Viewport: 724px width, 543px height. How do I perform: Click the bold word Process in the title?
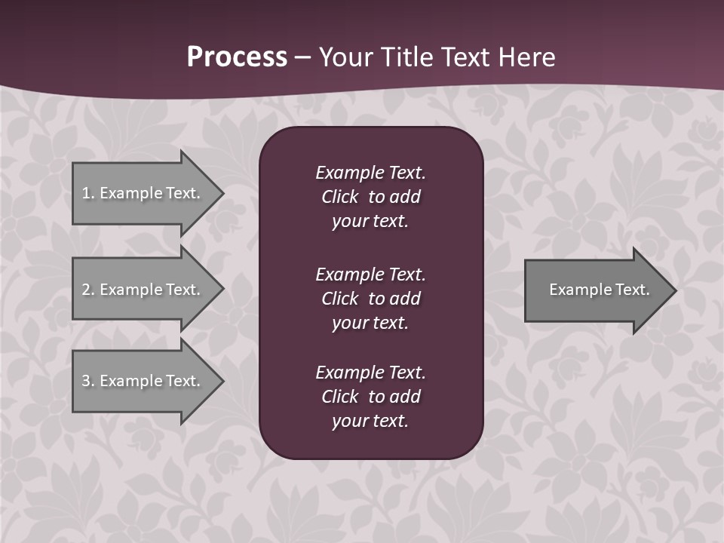(237, 57)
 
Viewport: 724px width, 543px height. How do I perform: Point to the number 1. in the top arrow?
(88, 193)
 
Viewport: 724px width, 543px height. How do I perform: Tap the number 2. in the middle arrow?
(88, 290)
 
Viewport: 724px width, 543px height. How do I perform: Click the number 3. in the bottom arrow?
(88, 381)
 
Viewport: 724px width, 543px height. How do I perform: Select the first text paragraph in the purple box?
(370, 196)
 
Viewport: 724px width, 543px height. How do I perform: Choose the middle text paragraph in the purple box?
(370, 298)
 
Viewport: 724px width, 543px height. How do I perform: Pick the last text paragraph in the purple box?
(370, 397)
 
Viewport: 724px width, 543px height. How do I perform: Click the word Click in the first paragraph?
(340, 197)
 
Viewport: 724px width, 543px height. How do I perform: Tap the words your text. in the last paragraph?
(370, 421)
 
